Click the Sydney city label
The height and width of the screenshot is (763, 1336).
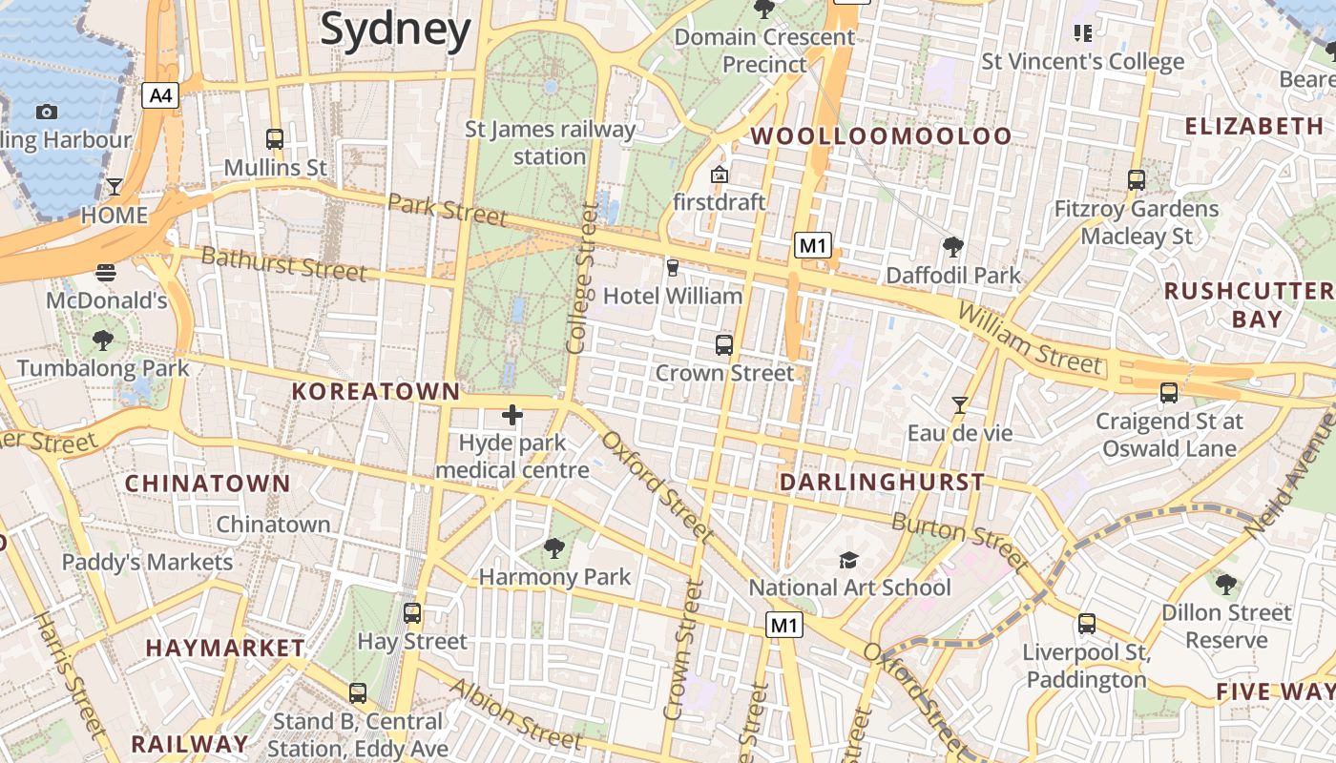[395, 30]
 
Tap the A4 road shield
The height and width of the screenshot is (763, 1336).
[161, 94]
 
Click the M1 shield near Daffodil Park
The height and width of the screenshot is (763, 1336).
[812, 245]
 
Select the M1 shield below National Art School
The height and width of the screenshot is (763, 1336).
[783, 626]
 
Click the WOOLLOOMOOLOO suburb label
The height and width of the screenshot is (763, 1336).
[881, 136]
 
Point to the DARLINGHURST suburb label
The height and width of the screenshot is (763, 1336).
[882, 483]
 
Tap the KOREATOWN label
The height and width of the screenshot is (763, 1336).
[376, 391]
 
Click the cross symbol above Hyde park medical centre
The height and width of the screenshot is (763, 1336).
[512, 415]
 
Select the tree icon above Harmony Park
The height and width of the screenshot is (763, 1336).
[553, 548]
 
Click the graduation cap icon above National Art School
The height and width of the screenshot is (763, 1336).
[848, 560]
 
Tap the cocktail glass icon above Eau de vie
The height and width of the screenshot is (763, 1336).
[959, 405]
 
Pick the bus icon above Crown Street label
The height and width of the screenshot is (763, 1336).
[724, 344]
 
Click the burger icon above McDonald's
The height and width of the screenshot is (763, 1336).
[106, 273]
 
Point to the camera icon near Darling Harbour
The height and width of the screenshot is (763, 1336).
[46, 113]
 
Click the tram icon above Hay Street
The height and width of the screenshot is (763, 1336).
[412, 613]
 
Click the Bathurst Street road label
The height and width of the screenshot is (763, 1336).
[283, 264]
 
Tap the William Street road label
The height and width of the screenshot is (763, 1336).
[1030, 339]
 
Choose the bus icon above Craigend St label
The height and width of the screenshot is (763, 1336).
[1168, 392]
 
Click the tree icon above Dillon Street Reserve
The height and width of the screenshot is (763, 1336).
[1226, 584]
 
